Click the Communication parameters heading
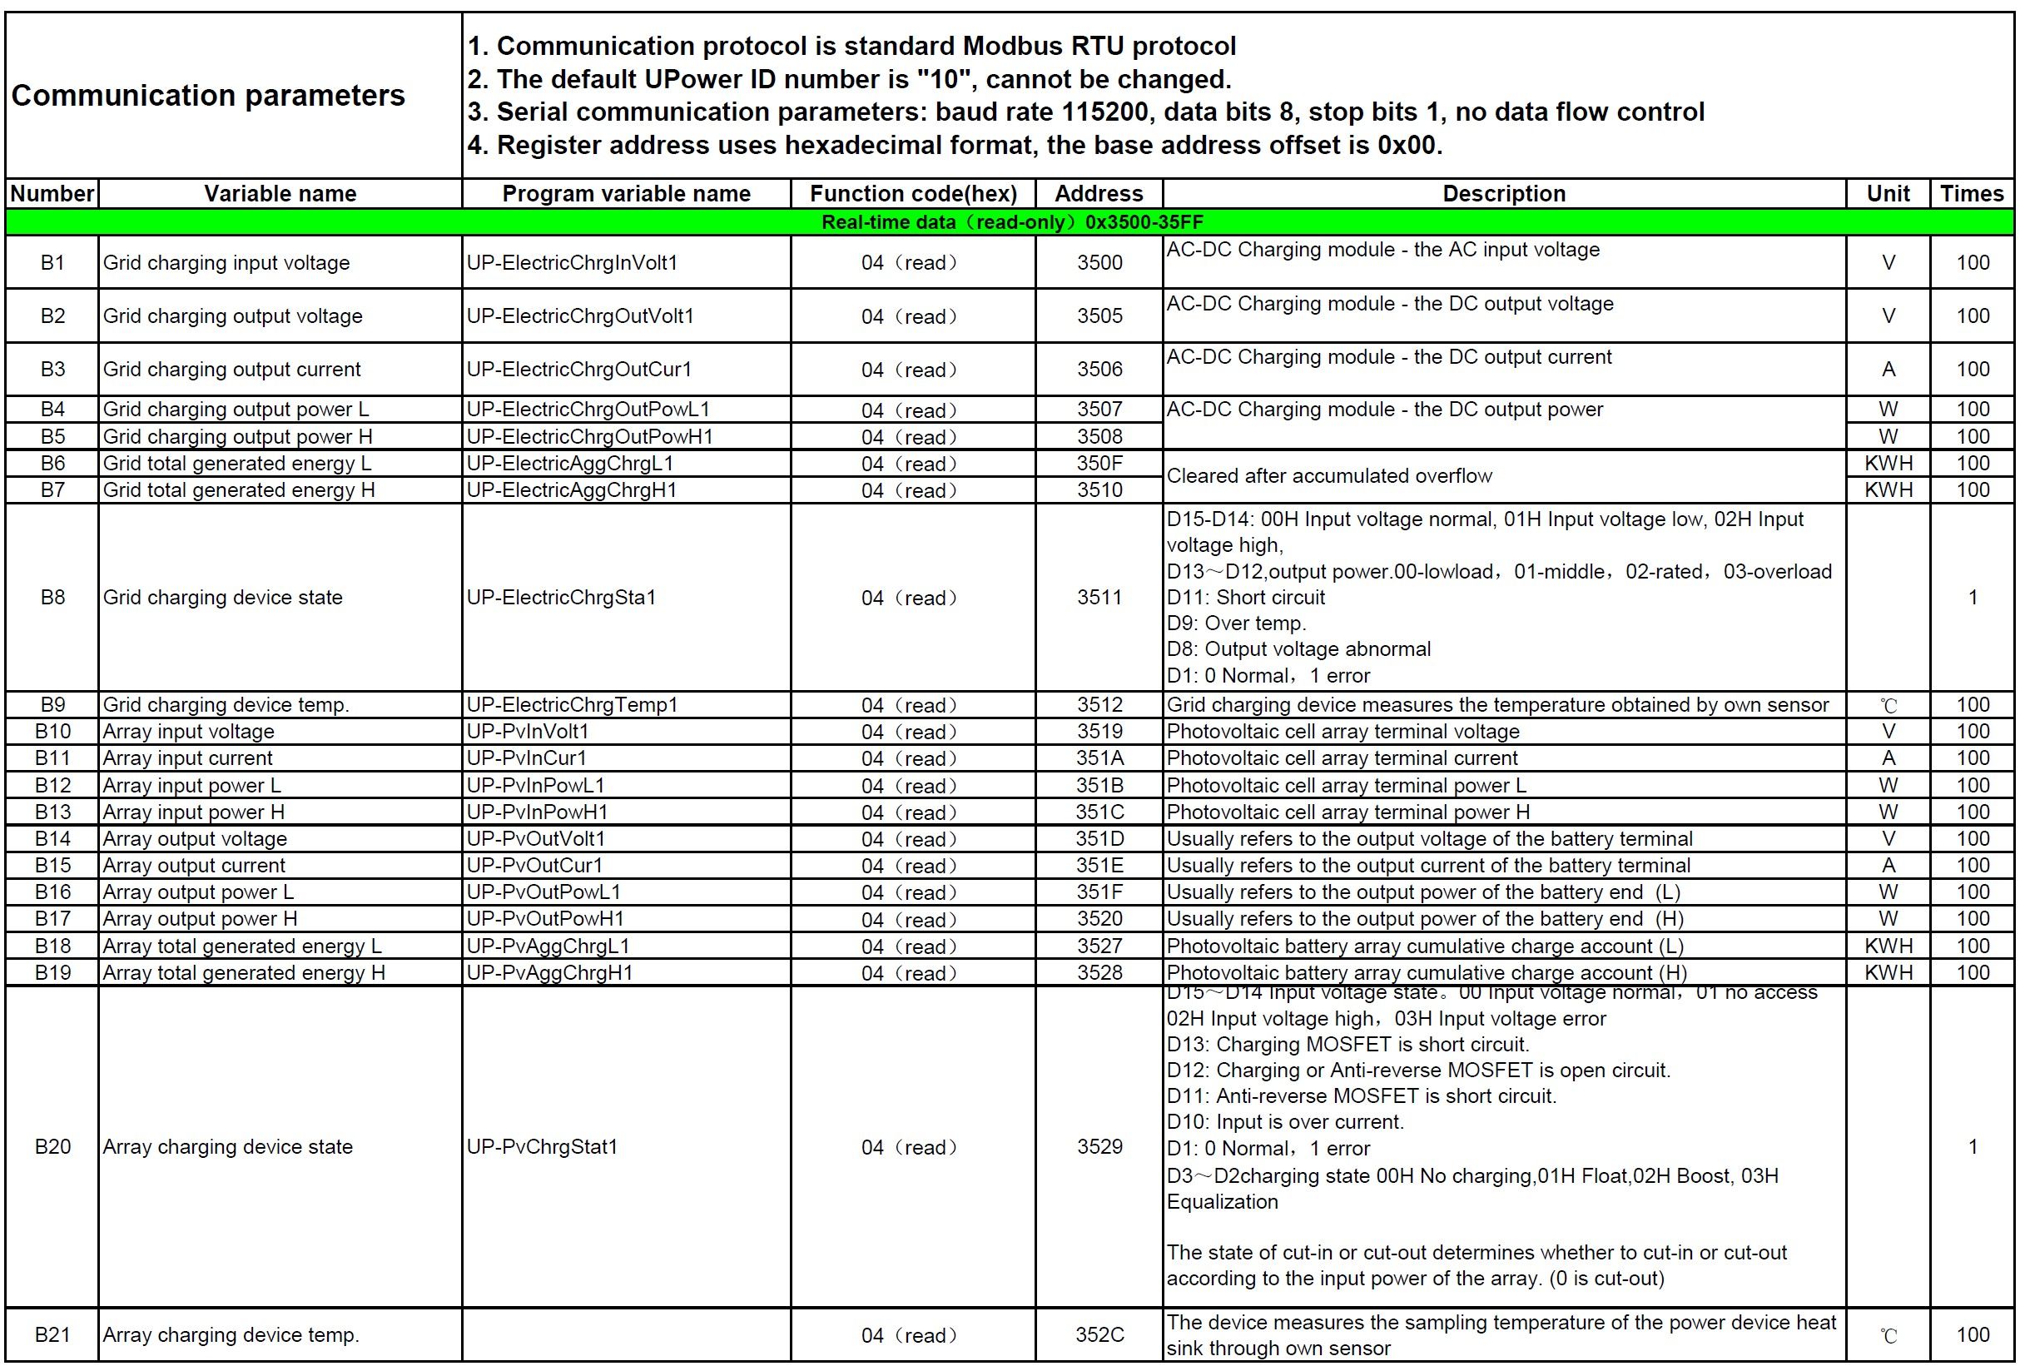pos(208,95)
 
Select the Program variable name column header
pos(626,193)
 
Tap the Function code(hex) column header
pos(913,193)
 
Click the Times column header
pos(1972,193)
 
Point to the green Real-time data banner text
pos(1012,221)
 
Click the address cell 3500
pos(1099,262)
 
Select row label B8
pos(52,597)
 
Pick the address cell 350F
pos(1099,464)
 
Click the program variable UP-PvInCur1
pos(527,758)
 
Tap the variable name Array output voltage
pos(195,839)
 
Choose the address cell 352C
pos(1099,1334)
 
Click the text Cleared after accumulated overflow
pos(1329,475)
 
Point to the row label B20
pos(52,1147)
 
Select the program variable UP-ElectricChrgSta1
pos(561,597)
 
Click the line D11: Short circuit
pos(1246,597)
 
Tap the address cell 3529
pos(1099,1147)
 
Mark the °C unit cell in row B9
pos(1888,705)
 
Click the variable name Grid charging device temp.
pos(226,704)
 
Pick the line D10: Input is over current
pos(1285,1121)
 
